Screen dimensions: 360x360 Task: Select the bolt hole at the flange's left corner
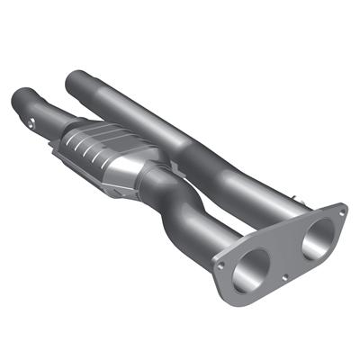pos(220,265)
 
